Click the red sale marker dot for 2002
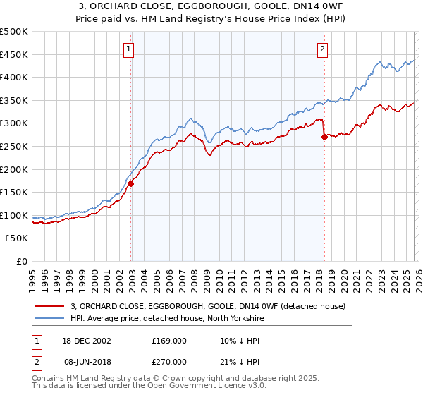(x=131, y=183)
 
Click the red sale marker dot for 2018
(x=324, y=138)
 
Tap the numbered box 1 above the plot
(x=130, y=49)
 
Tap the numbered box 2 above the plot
(x=322, y=49)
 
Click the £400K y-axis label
(x=14, y=78)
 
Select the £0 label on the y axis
(x=22, y=261)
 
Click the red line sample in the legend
(x=49, y=306)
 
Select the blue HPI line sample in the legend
(x=49, y=318)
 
